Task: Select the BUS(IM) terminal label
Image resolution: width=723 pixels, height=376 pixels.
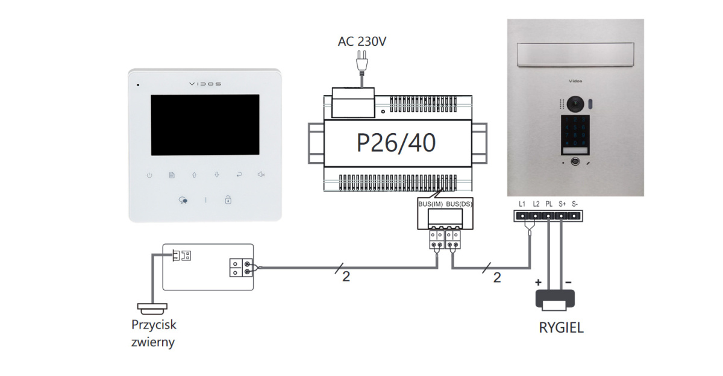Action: click(430, 205)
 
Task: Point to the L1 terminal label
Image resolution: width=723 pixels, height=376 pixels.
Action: click(522, 204)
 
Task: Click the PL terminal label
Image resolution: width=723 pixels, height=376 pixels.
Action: click(548, 204)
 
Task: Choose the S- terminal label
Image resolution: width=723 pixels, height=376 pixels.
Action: click(575, 204)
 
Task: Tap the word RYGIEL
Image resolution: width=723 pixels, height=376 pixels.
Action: click(561, 329)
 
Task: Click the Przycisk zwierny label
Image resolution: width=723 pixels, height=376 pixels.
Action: click(154, 333)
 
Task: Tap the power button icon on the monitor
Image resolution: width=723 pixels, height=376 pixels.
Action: click(149, 175)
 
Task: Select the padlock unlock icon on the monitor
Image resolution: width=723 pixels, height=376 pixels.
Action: click(228, 199)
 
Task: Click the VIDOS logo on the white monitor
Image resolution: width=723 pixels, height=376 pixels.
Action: click(205, 84)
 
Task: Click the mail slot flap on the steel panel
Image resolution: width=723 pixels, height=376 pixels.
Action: click(575, 54)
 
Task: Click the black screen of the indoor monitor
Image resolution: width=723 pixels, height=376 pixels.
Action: click(205, 124)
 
